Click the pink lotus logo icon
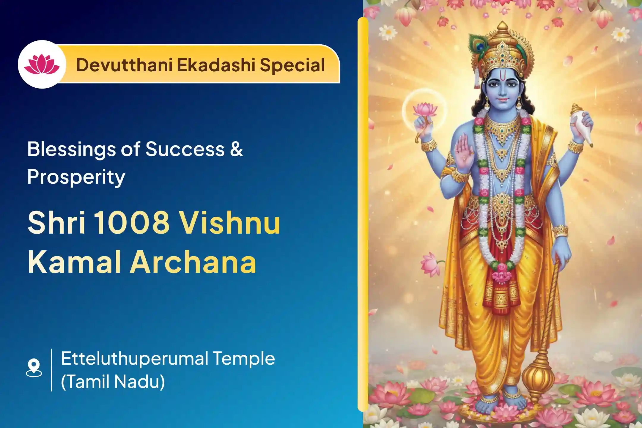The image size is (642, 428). tap(42, 64)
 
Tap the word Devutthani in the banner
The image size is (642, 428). tap(124, 65)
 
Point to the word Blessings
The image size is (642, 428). tap(71, 150)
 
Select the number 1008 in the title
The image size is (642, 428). tap(132, 223)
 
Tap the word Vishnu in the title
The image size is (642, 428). tap(230, 223)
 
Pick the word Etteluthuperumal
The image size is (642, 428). tap(134, 359)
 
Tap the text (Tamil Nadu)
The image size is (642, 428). tap(113, 381)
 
